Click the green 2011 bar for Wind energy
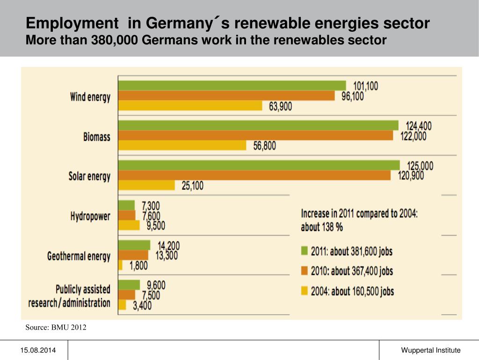[232, 85]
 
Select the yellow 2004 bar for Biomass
[182, 145]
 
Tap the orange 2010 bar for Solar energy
[254, 175]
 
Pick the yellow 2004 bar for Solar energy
[147, 185]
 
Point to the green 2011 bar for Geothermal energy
[135, 245]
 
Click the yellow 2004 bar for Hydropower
[129, 225]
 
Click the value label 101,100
[366, 86]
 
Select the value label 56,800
[265, 146]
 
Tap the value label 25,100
[192, 186]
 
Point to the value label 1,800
[138, 266]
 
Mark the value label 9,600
[156, 285]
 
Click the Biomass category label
[97, 137]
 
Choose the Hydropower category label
[90, 216]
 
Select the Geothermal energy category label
[79, 256]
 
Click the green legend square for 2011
[305, 251]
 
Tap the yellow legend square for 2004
[305, 291]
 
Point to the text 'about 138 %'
[322, 227]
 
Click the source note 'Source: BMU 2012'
[56, 327]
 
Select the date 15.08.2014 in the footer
[34, 350]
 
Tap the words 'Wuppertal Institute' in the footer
[430, 350]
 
